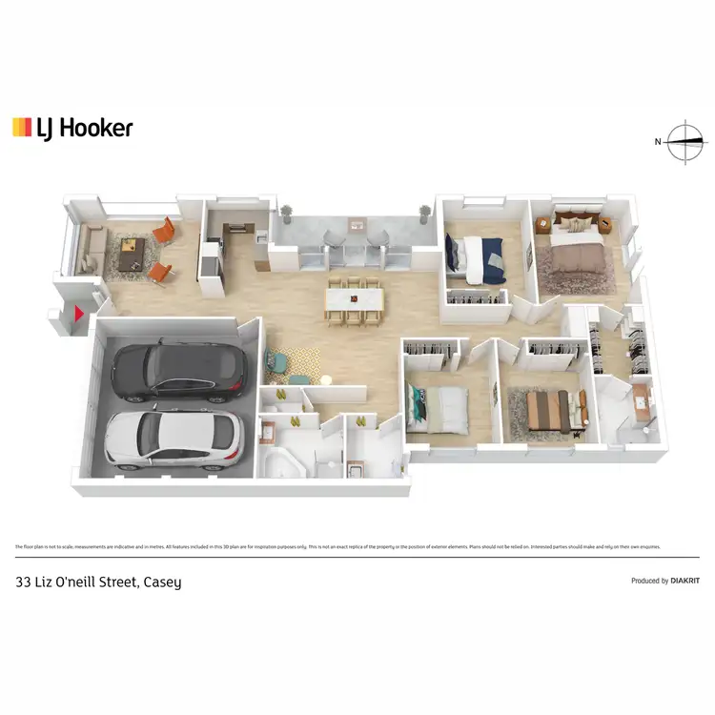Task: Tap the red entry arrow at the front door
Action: (x=80, y=312)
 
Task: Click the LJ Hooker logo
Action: (x=72, y=128)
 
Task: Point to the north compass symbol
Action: (x=686, y=143)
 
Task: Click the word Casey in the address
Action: (x=162, y=582)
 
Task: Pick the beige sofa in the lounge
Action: (x=92, y=250)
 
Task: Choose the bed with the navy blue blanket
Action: (x=479, y=257)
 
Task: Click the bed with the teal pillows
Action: (x=437, y=407)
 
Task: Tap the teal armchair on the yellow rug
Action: (x=276, y=361)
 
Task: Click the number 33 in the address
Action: (x=25, y=582)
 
